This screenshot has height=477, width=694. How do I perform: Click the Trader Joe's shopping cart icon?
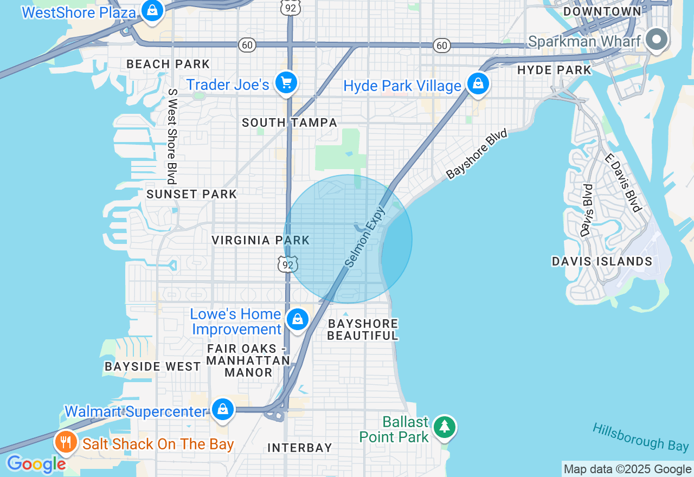point(286,83)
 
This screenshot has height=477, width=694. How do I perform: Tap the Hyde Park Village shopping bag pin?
point(478,83)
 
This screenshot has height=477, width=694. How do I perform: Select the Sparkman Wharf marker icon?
point(657,40)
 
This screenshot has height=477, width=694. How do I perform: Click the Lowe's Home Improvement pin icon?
point(298,319)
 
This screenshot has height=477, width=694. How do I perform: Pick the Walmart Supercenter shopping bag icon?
point(222,409)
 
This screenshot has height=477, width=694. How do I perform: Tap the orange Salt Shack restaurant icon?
point(66,442)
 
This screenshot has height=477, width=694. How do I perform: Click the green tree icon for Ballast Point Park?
point(445,427)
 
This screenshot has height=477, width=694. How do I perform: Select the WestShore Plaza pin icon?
point(153,10)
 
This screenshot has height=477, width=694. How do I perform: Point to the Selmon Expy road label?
point(365,236)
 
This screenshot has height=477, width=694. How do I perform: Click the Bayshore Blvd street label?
point(477,154)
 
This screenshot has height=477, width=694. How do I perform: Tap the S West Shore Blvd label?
point(172,137)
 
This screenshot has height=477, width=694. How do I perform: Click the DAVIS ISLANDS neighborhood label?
point(602,261)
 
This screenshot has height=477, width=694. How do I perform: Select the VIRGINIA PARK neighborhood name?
point(260,240)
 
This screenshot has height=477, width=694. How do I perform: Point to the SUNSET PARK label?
point(191,194)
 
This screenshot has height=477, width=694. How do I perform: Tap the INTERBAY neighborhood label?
point(299,448)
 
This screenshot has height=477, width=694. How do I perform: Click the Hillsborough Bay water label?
point(640,437)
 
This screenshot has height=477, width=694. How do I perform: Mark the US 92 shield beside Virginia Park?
point(288,264)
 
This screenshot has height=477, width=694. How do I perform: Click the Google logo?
point(36,464)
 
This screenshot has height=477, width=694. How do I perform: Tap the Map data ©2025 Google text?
point(627,469)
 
